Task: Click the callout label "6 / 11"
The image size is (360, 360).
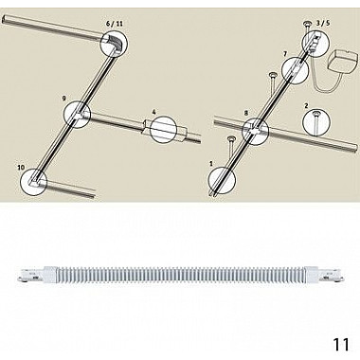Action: point(114,25)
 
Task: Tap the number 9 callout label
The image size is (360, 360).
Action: point(64,99)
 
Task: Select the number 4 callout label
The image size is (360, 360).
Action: point(153,112)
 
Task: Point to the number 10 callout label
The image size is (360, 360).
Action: point(21,168)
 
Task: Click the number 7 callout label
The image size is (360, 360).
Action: point(285,54)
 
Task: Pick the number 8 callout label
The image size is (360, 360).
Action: point(246,113)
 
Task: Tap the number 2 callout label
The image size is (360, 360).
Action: point(307,105)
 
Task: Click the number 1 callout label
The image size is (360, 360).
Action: point(211,163)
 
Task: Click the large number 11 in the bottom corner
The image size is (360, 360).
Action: point(341,344)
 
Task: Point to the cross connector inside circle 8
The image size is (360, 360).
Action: point(255,129)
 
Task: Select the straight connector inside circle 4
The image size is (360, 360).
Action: point(164,130)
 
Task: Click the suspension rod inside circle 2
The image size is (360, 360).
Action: point(316,122)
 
